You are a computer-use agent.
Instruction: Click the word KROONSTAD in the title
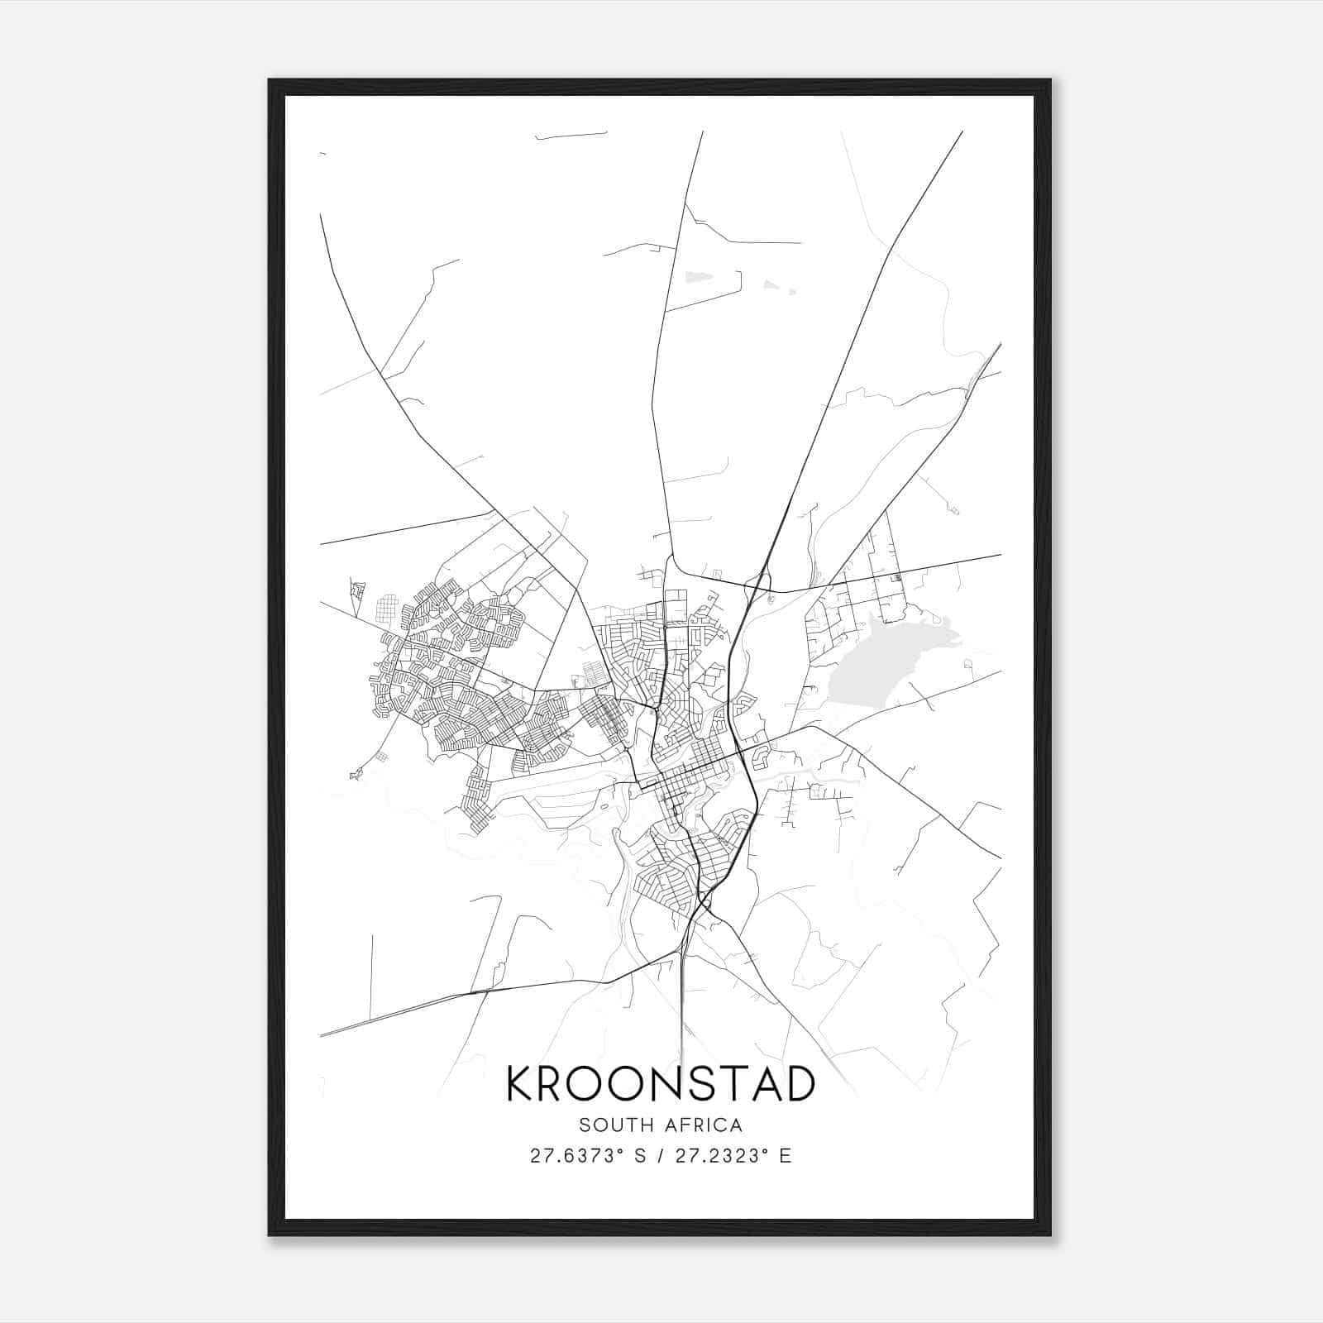coord(661,1084)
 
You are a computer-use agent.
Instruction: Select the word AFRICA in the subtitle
coord(704,1125)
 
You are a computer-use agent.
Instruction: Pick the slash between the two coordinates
coord(661,1156)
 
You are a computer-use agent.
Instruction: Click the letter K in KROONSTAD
coord(520,1084)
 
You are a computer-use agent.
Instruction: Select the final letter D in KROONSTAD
coord(799,1084)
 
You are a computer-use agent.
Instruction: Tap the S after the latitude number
coord(639,1156)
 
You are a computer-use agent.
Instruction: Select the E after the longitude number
coord(786,1156)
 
